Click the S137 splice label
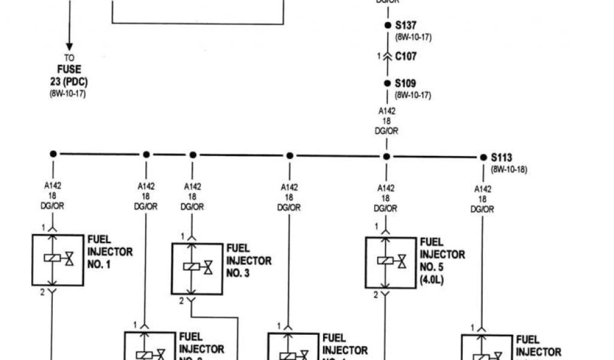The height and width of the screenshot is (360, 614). (405, 26)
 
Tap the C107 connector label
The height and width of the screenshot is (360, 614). (405, 56)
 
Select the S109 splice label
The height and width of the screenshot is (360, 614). (405, 83)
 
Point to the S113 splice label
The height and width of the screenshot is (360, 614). (501, 158)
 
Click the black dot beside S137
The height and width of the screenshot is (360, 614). (387, 26)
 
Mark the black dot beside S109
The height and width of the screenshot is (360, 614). (387, 84)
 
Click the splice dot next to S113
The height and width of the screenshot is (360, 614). (483, 157)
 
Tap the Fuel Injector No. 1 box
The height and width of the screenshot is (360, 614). (58, 260)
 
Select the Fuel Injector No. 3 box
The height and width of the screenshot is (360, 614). (197, 268)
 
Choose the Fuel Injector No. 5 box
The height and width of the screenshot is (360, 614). (390, 262)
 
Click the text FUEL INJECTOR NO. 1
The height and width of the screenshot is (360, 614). (110, 251)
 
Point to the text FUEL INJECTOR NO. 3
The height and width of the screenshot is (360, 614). (249, 260)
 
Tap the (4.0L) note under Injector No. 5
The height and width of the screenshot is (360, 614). (431, 279)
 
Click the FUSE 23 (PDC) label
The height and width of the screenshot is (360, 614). (69, 75)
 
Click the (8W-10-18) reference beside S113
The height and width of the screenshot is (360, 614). (509, 170)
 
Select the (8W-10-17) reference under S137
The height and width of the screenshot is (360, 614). (413, 37)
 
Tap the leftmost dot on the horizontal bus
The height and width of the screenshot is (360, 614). (53, 154)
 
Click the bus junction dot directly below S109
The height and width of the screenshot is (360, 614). (387, 157)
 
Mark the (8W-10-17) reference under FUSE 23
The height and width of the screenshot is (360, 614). (68, 94)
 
